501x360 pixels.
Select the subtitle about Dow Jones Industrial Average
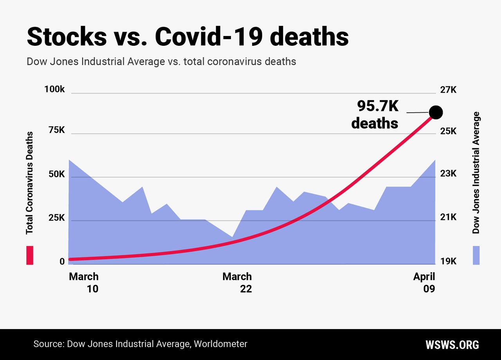161,62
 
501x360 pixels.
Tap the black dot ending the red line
436,112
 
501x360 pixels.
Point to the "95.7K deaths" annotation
375,115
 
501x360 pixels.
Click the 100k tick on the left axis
54,89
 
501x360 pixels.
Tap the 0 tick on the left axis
62,261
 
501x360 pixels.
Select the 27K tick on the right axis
448,90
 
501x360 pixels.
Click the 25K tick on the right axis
448,131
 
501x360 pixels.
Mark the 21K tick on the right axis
448,218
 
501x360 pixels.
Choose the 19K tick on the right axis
448,261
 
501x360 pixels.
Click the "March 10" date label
84,283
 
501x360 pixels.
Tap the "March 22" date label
237,283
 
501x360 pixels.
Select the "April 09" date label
424,283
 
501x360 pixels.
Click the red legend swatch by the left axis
30,255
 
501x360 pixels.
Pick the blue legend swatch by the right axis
476,255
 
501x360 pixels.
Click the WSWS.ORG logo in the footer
452,345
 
